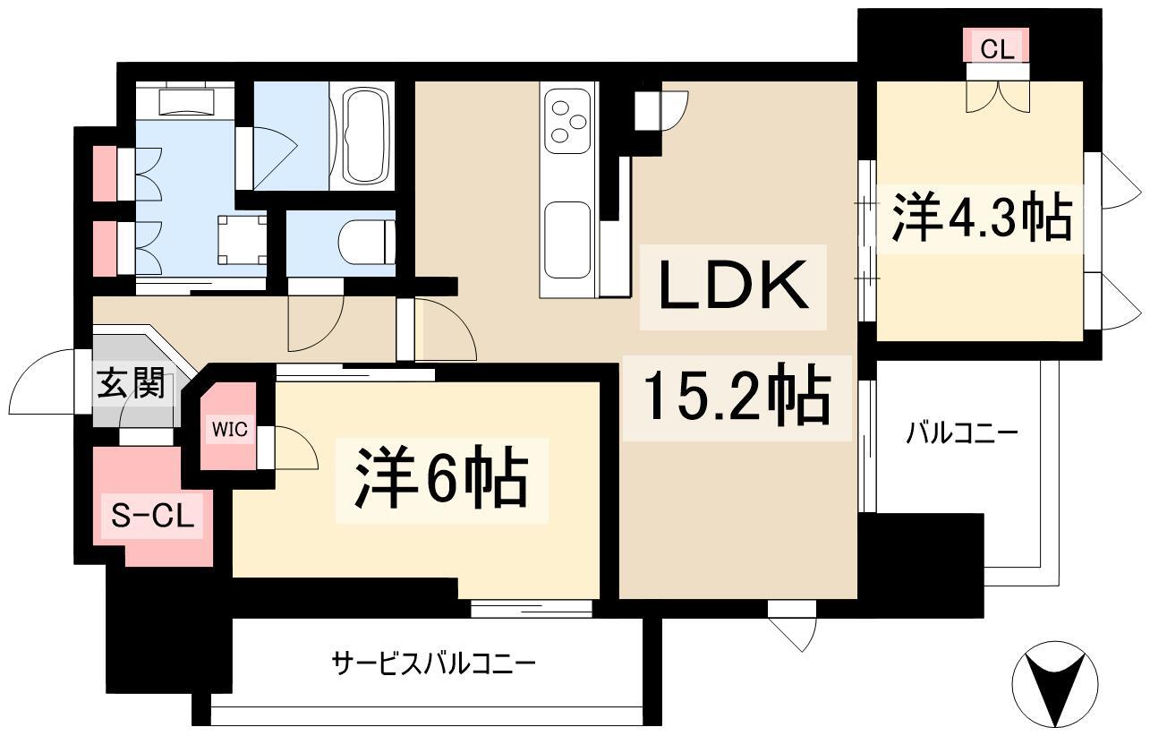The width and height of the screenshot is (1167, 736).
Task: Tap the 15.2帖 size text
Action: point(737,398)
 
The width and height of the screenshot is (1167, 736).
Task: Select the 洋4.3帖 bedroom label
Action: point(982,218)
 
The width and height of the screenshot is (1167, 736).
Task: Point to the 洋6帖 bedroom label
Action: point(441,480)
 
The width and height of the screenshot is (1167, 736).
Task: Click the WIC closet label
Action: point(229,429)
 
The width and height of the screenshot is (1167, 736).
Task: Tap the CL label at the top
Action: point(997,49)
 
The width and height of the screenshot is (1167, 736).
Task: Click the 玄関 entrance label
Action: point(131,383)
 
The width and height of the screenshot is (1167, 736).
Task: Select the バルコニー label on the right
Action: point(962,433)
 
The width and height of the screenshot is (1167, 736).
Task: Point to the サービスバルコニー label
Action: point(434,664)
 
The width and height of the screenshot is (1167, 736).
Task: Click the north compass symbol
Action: point(1055,684)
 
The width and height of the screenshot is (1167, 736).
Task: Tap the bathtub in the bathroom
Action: point(367,135)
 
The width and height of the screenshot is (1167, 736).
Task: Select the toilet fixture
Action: point(367,243)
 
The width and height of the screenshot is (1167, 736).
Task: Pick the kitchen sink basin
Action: point(568,240)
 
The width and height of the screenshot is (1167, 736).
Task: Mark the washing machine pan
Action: point(243,240)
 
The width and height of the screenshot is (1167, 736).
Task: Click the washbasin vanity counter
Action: point(185,101)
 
